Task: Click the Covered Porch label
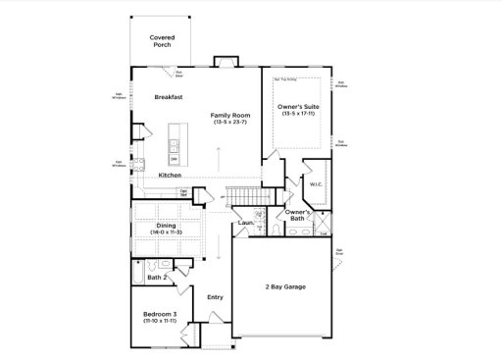[162, 40]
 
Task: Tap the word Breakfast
[170, 97]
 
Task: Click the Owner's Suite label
[299, 106]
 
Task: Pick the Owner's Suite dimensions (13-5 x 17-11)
[299, 114]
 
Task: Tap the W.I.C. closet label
[316, 182]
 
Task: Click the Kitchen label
[170, 175]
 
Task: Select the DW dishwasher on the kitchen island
[174, 158]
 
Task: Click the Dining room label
[167, 225]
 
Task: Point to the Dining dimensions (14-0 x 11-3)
[167, 231]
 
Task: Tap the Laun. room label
[244, 224]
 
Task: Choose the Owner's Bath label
[298, 216]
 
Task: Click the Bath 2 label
[156, 278]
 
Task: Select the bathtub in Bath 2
[141, 266]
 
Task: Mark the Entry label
[215, 296]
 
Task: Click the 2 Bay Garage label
[282, 286]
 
